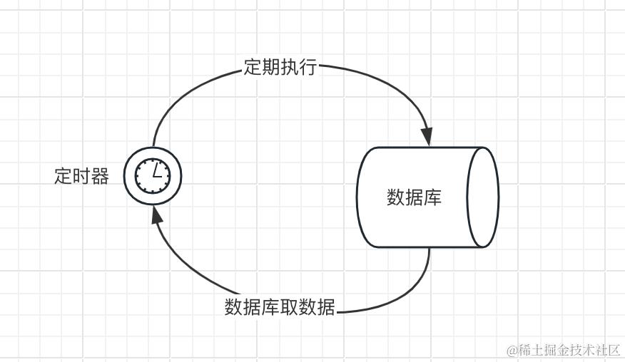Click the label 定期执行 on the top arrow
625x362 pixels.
pos(280,68)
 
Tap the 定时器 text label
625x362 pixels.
pos(81,176)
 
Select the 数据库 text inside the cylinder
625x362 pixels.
pos(415,197)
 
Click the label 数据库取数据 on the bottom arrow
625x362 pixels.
pos(280,307)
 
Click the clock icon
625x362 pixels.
pos(153,175)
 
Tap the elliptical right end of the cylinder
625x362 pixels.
pos(482,197)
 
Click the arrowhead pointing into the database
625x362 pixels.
pos(427,136)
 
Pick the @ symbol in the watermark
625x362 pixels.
pos(512,351)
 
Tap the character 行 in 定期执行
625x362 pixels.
pos(308,68)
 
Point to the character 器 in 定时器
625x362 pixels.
pos(100,176)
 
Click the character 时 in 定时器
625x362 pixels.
pos(81,176)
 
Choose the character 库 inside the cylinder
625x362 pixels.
pos(433,197)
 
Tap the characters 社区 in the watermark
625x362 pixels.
pos(607,350)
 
